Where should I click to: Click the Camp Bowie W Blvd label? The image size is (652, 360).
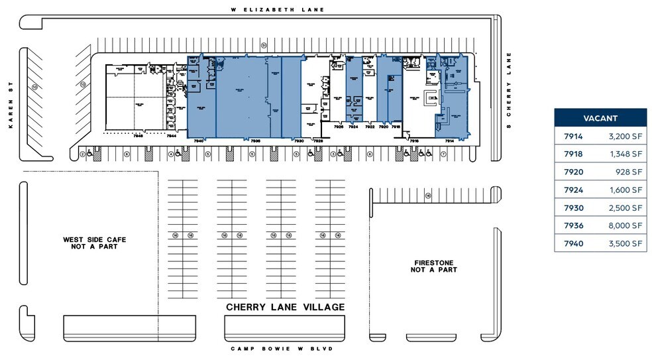pos(282,348)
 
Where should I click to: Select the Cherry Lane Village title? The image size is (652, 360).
pos(285,307)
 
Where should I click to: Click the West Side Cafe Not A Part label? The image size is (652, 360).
pos(94,243)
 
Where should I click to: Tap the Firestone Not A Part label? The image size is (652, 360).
pos(434,266)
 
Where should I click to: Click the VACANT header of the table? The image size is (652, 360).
pos(600,118)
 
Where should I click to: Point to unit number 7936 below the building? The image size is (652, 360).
pos(256,141)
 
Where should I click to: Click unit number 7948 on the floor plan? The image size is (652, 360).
pos(138,135)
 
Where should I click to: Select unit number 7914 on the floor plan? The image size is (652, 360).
pos(449,141)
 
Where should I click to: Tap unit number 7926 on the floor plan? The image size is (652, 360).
pos(339,126)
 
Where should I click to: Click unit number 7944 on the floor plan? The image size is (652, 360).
pos(171,135)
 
